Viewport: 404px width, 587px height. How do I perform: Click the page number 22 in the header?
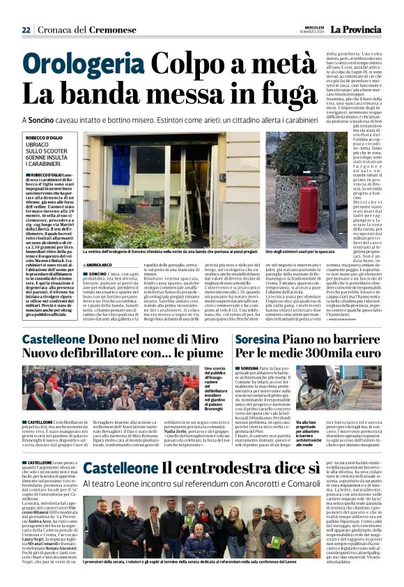point(26,30)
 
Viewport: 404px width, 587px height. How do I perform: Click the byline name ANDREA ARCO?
point(99,265)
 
